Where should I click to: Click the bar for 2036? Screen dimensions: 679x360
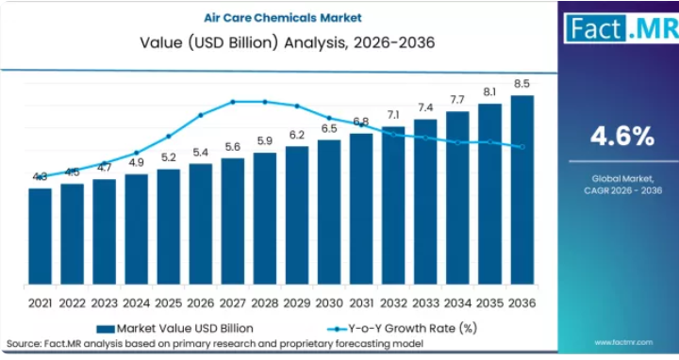522,190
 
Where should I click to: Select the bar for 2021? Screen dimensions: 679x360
41,237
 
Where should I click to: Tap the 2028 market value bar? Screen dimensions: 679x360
265,219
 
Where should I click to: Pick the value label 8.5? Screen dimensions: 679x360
522,84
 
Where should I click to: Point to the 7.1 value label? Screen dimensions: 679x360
393,115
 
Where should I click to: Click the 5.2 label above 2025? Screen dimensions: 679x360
169,157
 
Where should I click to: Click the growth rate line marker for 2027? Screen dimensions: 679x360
233,102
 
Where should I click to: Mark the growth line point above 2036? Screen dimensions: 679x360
522,147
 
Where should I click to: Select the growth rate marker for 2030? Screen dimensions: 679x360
329,118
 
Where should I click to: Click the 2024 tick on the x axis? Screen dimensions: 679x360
137,303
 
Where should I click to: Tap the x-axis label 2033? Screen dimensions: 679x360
425,303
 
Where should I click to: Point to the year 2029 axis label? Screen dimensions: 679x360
297,303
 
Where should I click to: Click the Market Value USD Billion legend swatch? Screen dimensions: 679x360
106,329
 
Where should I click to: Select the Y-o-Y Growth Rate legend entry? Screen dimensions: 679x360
403,328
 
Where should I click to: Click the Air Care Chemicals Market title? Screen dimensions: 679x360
283,18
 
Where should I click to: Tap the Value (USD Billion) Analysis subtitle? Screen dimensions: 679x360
287,42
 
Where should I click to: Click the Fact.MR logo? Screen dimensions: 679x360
621,28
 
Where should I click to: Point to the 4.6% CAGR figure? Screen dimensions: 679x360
622,137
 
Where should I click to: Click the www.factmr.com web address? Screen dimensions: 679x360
623,342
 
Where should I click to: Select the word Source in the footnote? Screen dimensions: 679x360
24,344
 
